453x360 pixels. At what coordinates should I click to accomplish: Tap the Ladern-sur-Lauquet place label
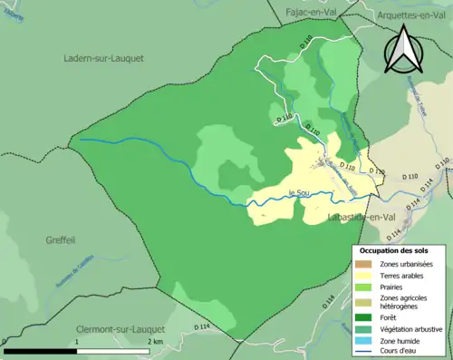[x=104, y=58]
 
